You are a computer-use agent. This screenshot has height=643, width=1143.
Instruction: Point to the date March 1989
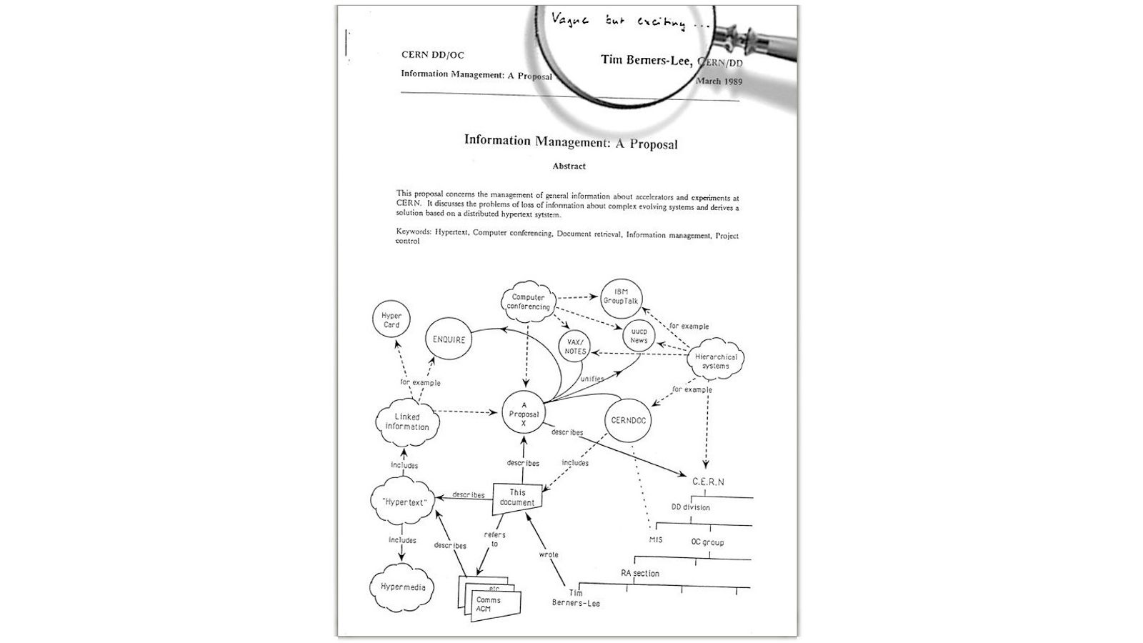719,81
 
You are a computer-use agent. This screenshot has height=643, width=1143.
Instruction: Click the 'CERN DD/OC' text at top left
432,54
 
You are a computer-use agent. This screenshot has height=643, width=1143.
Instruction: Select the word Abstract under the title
569,166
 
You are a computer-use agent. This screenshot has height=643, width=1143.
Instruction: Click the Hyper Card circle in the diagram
391,320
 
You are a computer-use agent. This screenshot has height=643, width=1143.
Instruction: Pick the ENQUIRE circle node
449,340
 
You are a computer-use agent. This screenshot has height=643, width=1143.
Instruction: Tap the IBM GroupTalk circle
621,296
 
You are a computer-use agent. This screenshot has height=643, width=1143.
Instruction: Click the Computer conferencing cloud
529,302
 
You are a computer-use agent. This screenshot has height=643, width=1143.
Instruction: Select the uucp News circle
639,336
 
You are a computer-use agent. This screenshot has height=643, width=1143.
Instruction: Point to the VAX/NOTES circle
575,347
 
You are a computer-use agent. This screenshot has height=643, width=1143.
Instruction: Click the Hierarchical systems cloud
715,362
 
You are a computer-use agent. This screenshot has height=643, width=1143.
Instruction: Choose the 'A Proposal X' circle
524,414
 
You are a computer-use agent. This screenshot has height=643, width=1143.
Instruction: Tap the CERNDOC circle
629,420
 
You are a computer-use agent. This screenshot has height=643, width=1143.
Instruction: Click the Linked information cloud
407,422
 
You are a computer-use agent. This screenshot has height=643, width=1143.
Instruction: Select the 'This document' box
517,497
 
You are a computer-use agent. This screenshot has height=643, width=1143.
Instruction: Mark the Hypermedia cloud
402,587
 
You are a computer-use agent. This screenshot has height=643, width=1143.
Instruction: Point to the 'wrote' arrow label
549,554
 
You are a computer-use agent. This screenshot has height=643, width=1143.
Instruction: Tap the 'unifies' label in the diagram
592,379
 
